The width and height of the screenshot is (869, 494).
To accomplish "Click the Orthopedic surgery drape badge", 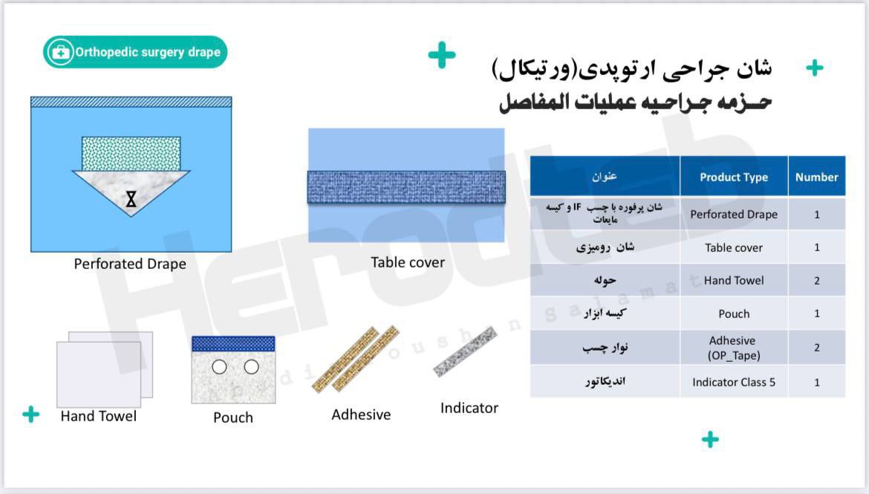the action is click(x=135, y=52).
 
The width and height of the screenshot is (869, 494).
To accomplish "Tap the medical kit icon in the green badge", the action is click(x=60, y=52).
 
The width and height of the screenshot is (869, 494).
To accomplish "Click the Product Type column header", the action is click(x=734, y=177).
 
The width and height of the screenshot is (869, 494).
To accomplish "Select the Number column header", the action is click(x=816, y=177).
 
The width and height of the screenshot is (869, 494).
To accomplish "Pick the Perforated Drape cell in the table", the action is click(x=734, y=214).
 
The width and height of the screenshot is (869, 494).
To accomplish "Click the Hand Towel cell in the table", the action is click(x=734, y=281).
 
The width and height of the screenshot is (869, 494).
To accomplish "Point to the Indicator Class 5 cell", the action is click(x=734, y=382).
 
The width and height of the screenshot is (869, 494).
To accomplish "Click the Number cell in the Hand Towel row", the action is click(x=816, y=281).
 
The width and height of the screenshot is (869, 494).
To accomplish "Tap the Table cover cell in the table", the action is click(x=734, y=247).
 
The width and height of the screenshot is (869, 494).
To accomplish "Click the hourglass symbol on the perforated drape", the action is click(x=131, y=199).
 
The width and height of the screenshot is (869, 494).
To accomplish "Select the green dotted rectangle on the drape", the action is click(x=131, y=154).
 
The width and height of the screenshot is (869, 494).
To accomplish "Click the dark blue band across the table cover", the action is click(x=406, y=187).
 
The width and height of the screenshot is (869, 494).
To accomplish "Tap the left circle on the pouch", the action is click(x=219, y=366).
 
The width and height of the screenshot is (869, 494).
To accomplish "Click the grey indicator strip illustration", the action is click(x=465, y=351).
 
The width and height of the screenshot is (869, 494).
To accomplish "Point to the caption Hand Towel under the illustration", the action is click(x=99, y=416).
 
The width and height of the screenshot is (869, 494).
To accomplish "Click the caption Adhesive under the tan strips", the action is click(x=361, y=415).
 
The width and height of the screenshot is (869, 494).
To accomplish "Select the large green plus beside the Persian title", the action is click(x=442, y=55).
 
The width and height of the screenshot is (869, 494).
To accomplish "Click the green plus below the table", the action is click(x=710, y=440).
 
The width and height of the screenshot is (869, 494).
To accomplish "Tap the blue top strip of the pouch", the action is click(x=233, y=344).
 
